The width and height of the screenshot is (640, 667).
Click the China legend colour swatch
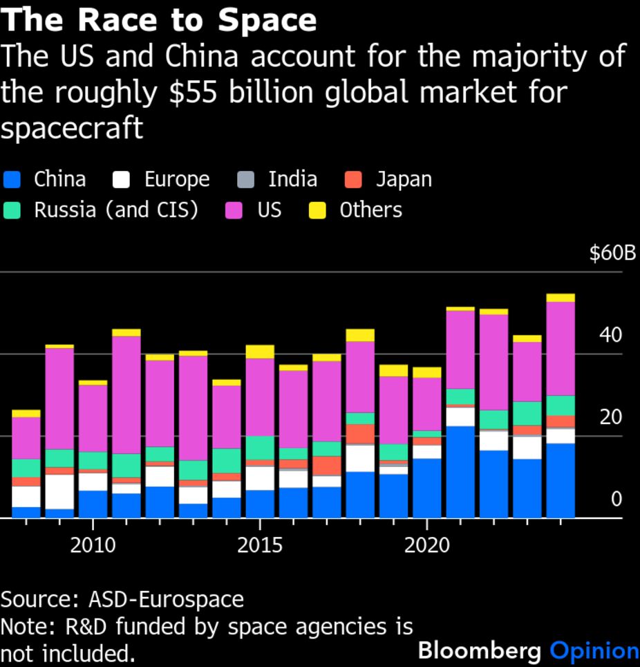coord(12,180)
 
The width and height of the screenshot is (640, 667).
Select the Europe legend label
coord(176,180)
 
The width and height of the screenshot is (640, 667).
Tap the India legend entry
coord(292,180)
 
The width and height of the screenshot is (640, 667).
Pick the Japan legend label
coord(404,180)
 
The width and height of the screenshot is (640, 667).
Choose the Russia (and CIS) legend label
coord(116,210)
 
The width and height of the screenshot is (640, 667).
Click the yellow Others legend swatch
coord(317,210)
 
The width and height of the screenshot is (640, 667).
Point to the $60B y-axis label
coord(612,253)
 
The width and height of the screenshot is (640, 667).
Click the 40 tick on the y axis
coord(611,336)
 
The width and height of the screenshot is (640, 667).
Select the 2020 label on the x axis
coord(427,545)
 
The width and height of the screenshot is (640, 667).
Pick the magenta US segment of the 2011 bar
coord(126,394)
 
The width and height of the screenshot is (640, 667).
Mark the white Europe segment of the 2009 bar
coord(59,491)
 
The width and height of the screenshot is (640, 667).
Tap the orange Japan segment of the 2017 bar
coord(327,466)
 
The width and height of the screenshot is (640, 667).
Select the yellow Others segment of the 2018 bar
coord(360,335)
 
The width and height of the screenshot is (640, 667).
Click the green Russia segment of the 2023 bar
coord(527,413)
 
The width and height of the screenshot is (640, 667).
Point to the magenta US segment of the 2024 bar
coord(561,349)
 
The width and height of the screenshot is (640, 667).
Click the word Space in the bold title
coord(267,21)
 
